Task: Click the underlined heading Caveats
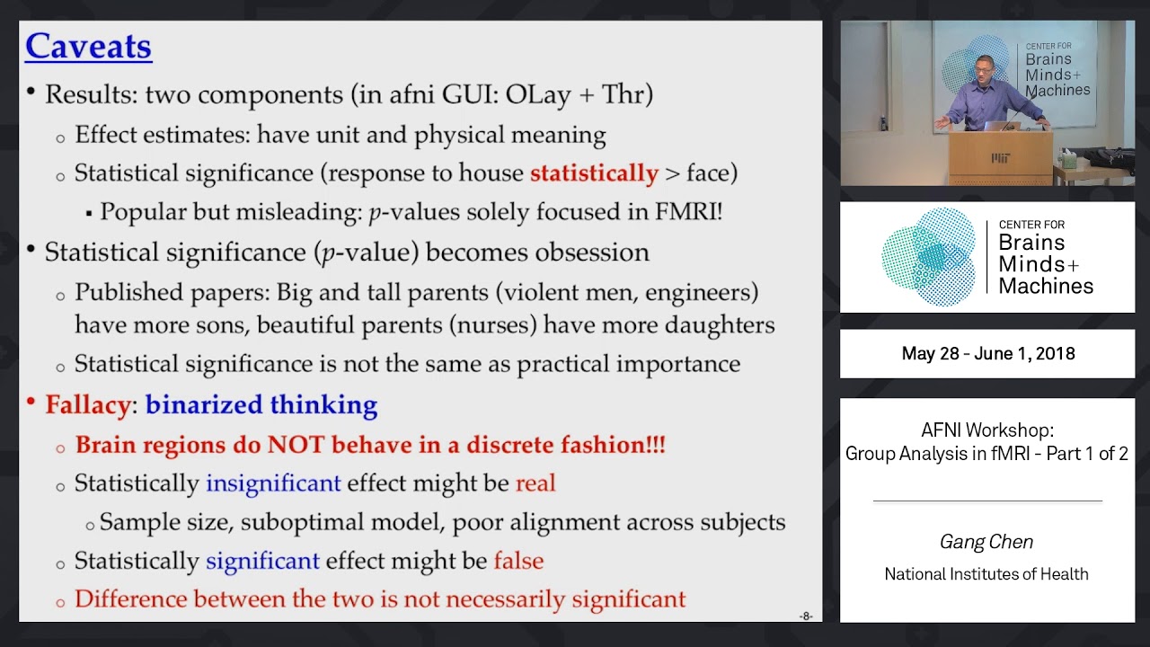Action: point(88,47)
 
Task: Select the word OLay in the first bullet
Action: point(538,94)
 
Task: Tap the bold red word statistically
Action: point(594,173)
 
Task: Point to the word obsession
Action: point(591,253)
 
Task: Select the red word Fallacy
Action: point(88,405)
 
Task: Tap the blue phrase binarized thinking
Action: point(261,405)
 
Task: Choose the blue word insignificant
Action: point(273,483)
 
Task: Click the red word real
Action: point(535,483)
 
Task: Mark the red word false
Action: point(518,562)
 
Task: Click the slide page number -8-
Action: point(805,616)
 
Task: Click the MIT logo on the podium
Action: point(1000,159)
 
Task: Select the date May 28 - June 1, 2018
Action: point(987,354)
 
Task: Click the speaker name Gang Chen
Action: point(986,542)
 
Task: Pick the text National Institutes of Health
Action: point(986,574)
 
